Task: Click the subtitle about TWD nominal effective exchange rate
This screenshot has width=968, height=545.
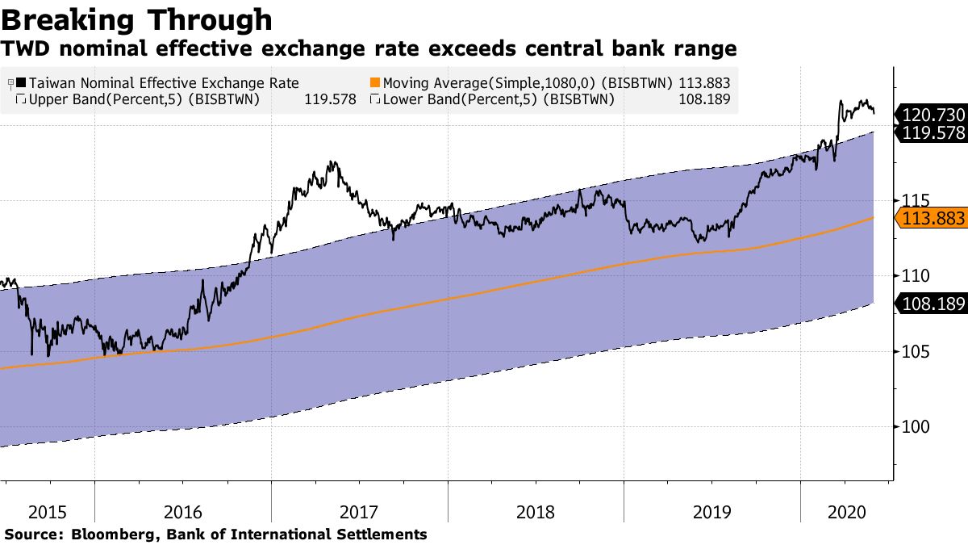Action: (369, 49)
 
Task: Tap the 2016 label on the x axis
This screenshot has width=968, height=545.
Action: (183, 512)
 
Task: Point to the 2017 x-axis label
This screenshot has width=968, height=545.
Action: (360, 512)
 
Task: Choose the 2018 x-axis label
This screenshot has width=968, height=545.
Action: (536, 512)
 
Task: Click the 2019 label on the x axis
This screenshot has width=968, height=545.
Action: (711, 512)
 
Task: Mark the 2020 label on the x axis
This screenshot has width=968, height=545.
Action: (846, 512)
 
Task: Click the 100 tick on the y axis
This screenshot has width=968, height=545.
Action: (912, 427)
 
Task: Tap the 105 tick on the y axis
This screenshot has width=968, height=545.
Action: (912, 351)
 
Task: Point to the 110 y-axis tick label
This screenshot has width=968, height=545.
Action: (912, 276)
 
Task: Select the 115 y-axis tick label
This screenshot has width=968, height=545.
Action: (912, 200)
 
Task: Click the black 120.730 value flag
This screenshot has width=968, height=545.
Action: (932, 115)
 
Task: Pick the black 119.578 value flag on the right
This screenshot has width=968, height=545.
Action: (932, 133)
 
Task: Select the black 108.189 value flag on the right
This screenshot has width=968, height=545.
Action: (932, 304)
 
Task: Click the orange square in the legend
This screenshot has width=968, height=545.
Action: (374, 83)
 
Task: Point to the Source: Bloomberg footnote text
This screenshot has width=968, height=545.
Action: (215, 534)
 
